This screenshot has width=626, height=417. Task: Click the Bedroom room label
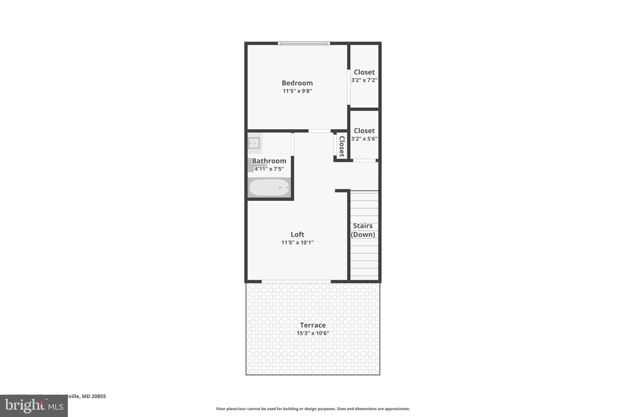click(x=297, y=83)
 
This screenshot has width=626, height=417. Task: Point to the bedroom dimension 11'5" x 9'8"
click(x=297, y=91)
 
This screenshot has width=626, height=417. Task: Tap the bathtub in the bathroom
click(x=269, y=187)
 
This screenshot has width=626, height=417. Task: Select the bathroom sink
click(x=254, y=143)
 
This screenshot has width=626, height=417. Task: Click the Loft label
click(x=297, y=234)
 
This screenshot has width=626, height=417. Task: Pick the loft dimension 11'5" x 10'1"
click(x=297, y=243)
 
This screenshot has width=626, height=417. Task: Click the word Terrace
click(x=313, y=325)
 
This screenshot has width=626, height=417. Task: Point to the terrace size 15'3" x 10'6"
click(x=313, y=333)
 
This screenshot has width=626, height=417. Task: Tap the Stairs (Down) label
click(x=363, y=230)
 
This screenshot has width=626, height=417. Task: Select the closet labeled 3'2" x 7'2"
click(x=364, y=76)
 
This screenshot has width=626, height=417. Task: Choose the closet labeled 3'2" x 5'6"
click(x=364, y=134)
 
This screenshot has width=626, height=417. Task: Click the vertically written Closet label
click(x=342, y=146)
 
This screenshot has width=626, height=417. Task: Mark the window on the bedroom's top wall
click(x=304, y=43)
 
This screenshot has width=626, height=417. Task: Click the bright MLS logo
click(x=34, y=406)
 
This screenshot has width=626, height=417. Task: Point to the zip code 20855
click(x=98, y=396)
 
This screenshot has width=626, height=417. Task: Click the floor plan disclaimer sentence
click(x=313, y=409)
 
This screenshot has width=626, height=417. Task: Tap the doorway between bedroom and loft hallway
click(x=319, y=131)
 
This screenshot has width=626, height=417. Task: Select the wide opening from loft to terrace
click(x=296, y=281)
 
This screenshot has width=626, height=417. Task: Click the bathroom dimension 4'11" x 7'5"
click(x=269, y=169)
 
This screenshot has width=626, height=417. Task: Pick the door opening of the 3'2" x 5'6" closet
click(x=364, y=160)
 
